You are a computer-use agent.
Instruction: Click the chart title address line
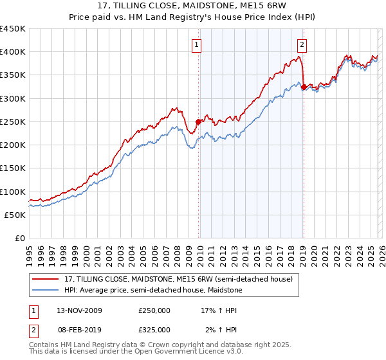point(193,6)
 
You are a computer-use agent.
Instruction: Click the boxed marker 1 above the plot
point(196,44)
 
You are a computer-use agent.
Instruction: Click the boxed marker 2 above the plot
point(301,44)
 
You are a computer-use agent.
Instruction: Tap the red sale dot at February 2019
point(303,87)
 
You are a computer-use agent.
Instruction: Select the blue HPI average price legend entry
point(152,291)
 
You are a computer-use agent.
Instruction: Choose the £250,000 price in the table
point(154,310)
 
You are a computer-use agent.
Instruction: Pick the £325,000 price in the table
point(154,329)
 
